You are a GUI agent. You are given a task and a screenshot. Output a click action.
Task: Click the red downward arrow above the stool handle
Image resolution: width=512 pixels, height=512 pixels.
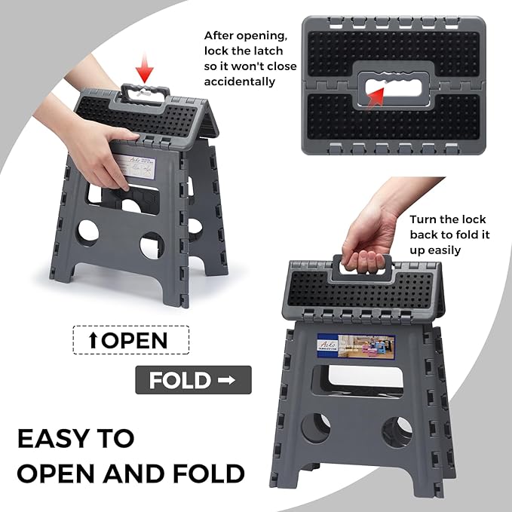click(146, 72)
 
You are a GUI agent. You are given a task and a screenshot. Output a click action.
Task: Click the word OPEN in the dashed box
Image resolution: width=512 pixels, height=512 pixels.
click(133, 339)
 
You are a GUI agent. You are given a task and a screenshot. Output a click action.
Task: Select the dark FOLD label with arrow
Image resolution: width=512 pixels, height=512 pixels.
click(192, 380)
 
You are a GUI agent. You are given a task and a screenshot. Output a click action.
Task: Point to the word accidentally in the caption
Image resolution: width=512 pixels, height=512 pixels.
click(240, 82)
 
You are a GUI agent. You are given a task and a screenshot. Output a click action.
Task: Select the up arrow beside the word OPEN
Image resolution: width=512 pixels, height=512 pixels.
click(93, 339)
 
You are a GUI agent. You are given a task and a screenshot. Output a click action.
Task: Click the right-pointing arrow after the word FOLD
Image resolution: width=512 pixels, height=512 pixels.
click(225, 380)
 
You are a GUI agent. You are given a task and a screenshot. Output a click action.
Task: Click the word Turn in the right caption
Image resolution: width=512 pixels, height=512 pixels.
click(425, 219)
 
